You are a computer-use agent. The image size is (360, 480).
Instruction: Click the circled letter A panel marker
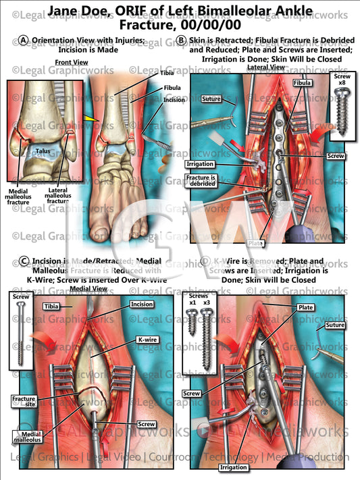click(x=24, y=41)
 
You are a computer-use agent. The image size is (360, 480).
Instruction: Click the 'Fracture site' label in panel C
click(x=24, y=403)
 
